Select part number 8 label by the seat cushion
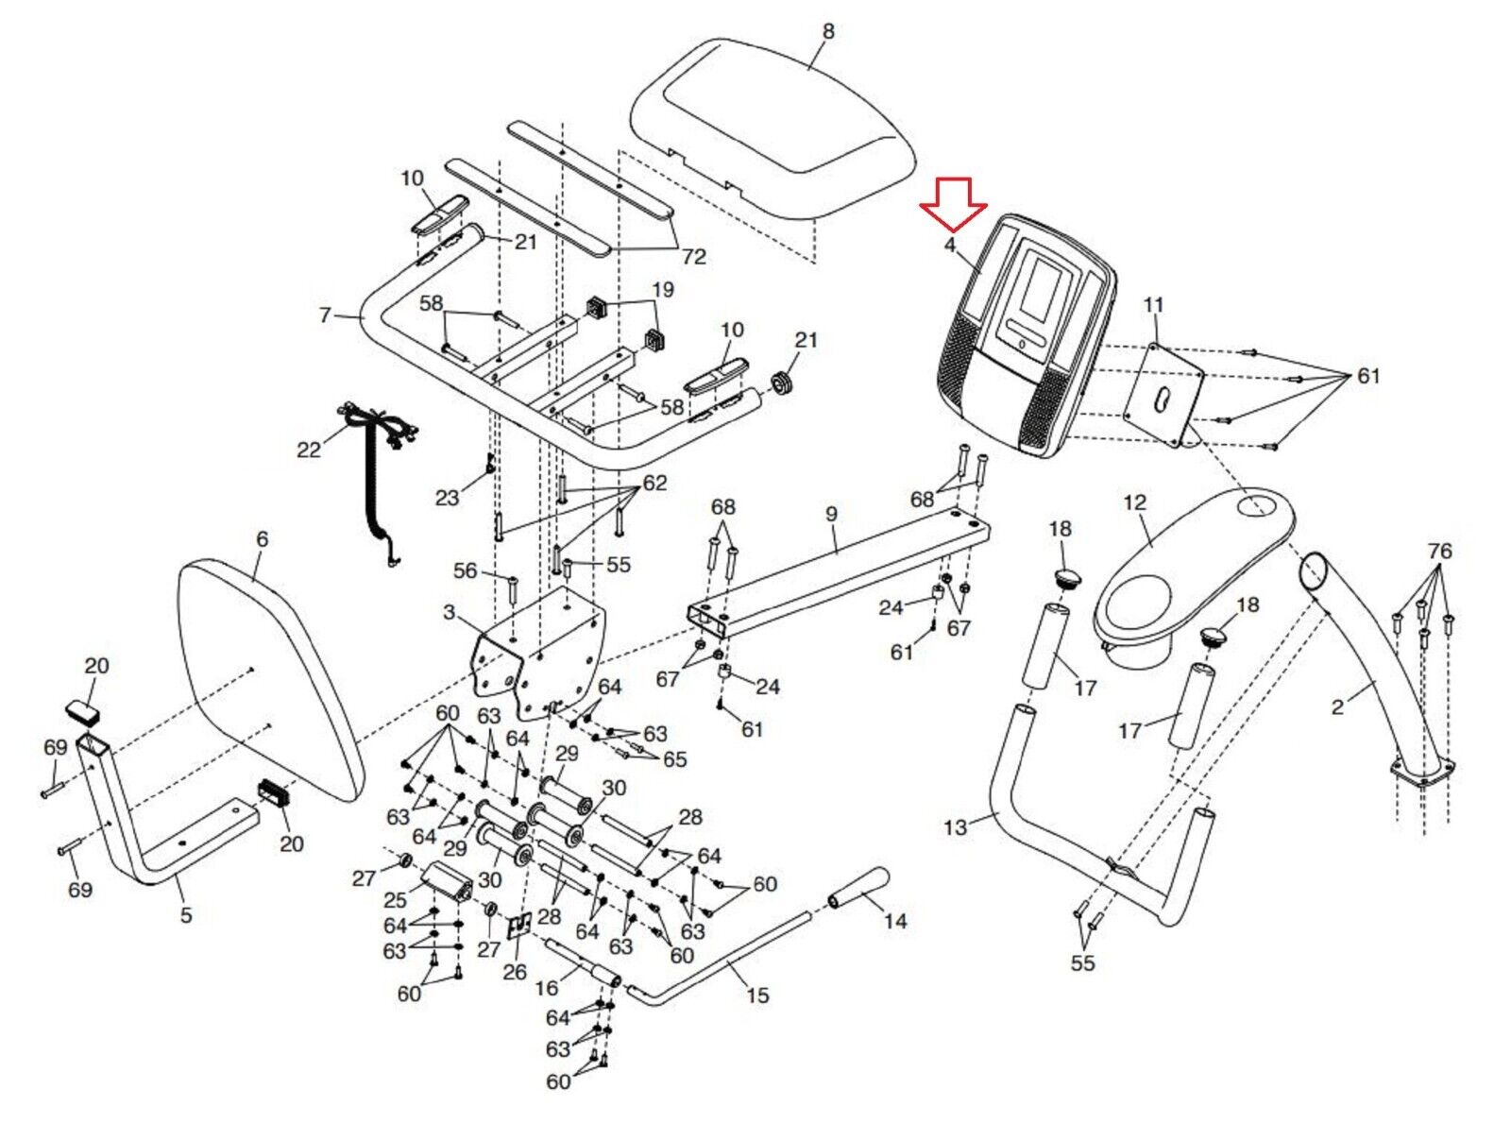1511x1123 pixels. [x=827, y=30]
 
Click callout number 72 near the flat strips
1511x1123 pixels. [x=693, y=257]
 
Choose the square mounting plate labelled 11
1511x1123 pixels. [x=1163, y=395]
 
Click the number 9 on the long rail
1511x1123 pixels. [x=831, y=514]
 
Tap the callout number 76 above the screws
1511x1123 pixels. [x=1439, y=550]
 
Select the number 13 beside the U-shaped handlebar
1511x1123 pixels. [x=955, y=827]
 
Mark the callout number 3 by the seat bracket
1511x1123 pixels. [x=449, y=612]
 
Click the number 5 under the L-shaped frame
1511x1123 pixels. [x=186, y=914]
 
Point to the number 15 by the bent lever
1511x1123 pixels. [x=757, y=995]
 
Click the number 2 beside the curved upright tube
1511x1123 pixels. [x=1338, y=706]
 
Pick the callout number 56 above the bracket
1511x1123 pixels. [x=466, y=570]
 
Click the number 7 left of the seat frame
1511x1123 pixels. [x=325, y=315]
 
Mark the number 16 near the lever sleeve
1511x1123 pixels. [x=548, y=987]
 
